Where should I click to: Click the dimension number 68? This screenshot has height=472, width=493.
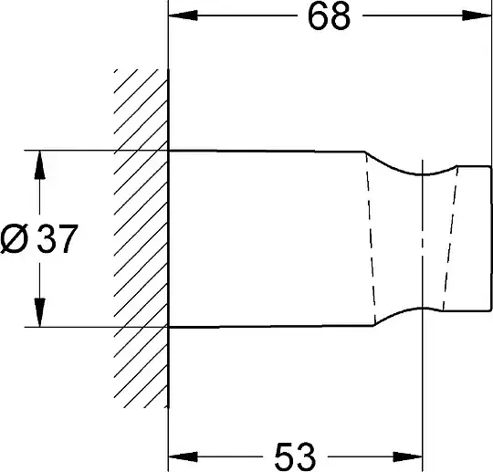click(329, 16)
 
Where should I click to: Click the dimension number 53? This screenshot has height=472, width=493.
click(294, 456)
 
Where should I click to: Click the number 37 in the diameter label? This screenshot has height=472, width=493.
click(58, 239)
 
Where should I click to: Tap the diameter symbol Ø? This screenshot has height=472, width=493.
click(15, 239)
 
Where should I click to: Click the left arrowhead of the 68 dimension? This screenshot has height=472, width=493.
click(183, 16)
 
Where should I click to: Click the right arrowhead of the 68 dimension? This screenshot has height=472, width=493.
click(477, 16)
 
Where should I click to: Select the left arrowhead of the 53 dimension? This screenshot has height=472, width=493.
click(183, 456)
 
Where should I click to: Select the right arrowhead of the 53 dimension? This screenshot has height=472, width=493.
click(407, 456)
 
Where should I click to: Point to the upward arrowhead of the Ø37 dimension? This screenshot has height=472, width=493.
click(39, 164)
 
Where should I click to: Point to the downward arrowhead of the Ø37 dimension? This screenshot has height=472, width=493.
click(39, 312)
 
